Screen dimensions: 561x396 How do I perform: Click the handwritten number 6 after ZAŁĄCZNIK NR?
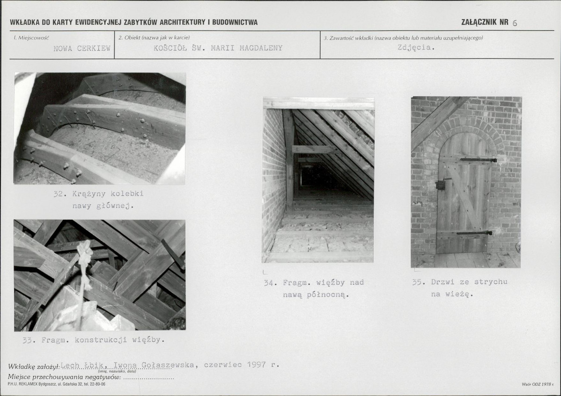(x=515, y=23)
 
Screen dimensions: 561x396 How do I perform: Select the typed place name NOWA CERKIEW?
(x=82, y=48)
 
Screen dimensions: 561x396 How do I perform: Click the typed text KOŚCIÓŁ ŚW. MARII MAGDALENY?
(x=218, y=48)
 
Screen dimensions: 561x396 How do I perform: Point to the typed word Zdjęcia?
(x=416, y=48)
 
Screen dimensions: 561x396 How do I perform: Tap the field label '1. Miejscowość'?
(x=31, y=37)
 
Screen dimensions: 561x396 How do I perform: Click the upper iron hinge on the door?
(x=479, y=160)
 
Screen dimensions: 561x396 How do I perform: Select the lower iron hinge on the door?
(x=474, y=233)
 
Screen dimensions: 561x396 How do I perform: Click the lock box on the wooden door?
(x=440, y=185)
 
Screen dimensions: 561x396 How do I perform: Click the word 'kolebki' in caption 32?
(x=127, y=194)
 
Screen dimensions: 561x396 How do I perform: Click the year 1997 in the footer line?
(x=256, y=365)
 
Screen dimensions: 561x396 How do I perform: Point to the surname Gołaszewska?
(x=168, y=365)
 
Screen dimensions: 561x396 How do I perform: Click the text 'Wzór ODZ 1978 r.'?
(x=538, y=384)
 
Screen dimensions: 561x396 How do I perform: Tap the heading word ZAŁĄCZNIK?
(x=479, y=22)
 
